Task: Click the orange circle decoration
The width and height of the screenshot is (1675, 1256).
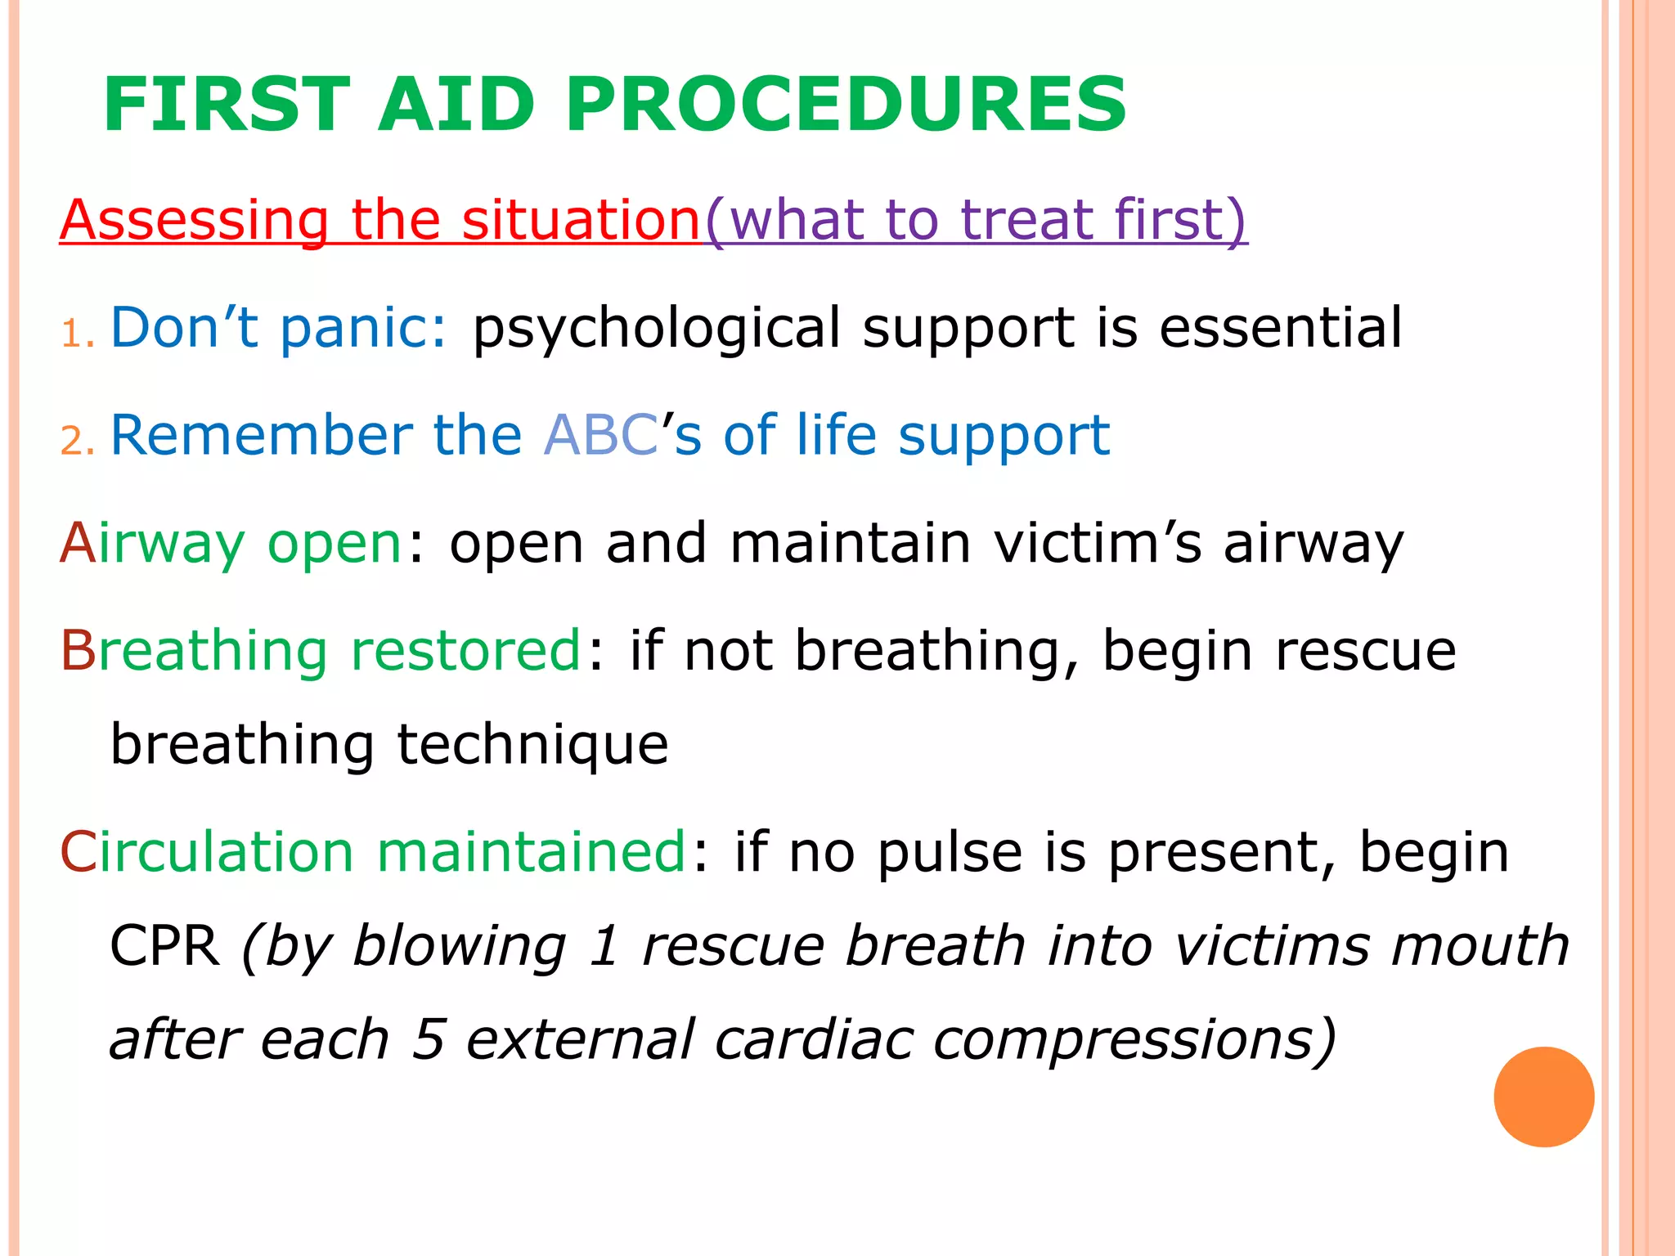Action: click(x=1543, y=1097)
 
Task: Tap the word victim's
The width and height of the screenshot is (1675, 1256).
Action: click(x=1098, y=543)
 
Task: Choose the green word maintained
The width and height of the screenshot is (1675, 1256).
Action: click(x=531, y=851)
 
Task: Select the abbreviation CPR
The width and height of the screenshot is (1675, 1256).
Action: click(x=164, y=946)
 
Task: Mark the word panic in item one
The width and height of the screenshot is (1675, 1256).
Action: click(x=362, y=329)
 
